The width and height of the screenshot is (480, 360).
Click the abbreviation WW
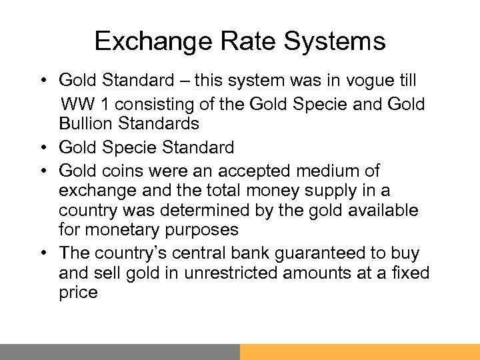pos(77,103)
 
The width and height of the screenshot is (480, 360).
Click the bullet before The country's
pos(41,253)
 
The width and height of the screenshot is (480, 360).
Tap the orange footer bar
pos(360,352)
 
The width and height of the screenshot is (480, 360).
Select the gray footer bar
pos(120,352)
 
